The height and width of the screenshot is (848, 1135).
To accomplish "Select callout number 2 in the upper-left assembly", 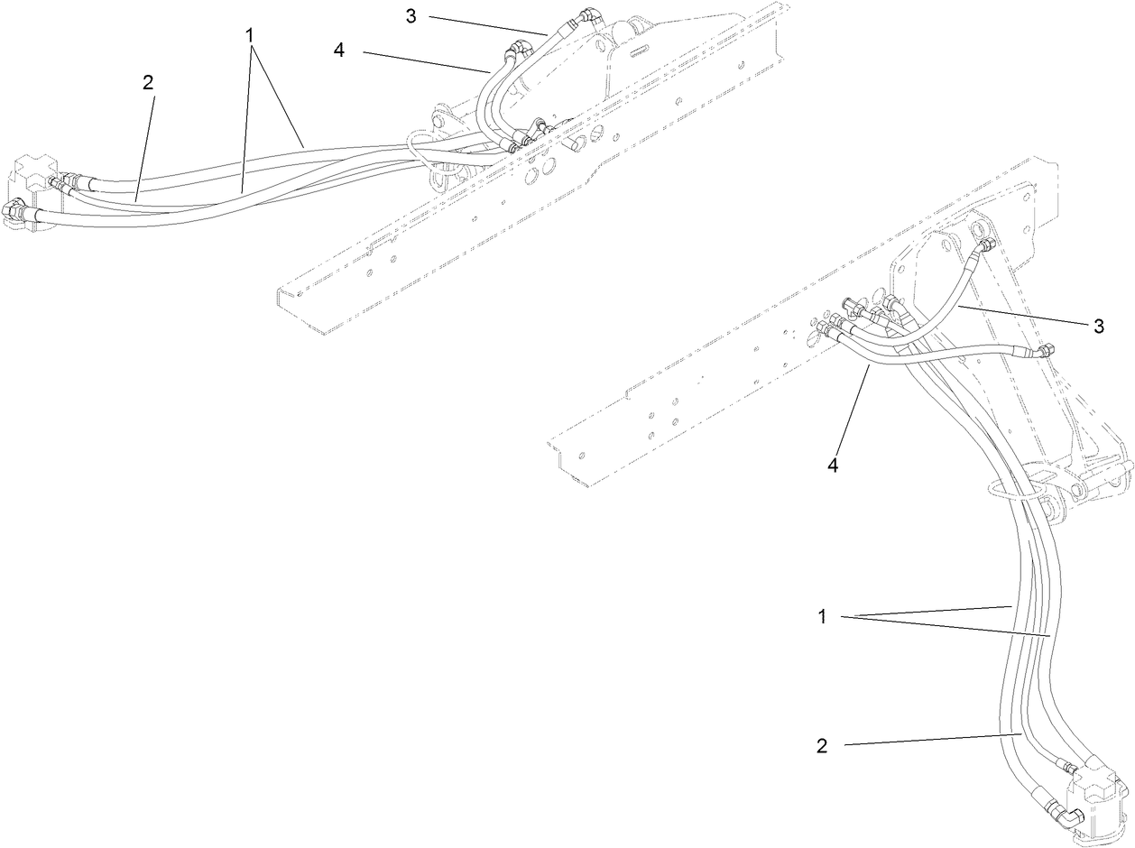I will coord(148,82).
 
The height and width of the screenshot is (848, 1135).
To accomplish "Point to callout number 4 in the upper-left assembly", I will coord(339,51).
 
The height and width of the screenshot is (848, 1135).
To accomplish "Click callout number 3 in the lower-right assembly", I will coord(1098,326).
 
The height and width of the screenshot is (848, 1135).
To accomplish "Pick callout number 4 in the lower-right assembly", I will coord(833,465).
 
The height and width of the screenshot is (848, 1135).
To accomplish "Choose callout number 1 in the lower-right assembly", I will coord(822,617).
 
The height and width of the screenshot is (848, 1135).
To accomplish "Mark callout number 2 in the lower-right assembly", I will coord(822,746).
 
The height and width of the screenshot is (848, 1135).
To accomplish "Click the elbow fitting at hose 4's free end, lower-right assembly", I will coord(1044,350).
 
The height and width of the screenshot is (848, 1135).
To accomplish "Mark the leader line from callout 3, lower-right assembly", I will coord(1020,315).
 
